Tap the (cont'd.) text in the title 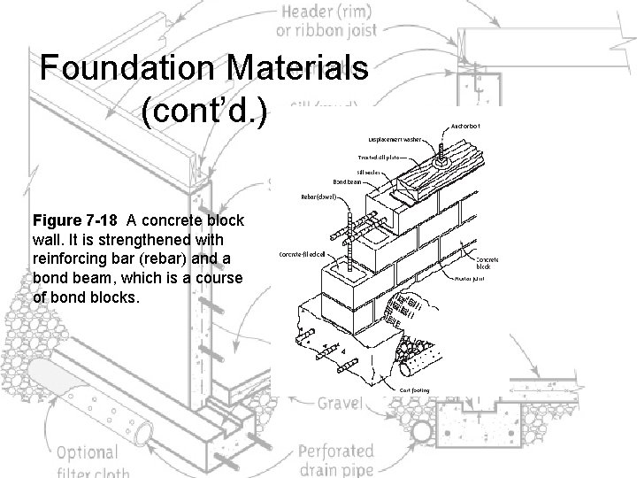209,116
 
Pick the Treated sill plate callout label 383,157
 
